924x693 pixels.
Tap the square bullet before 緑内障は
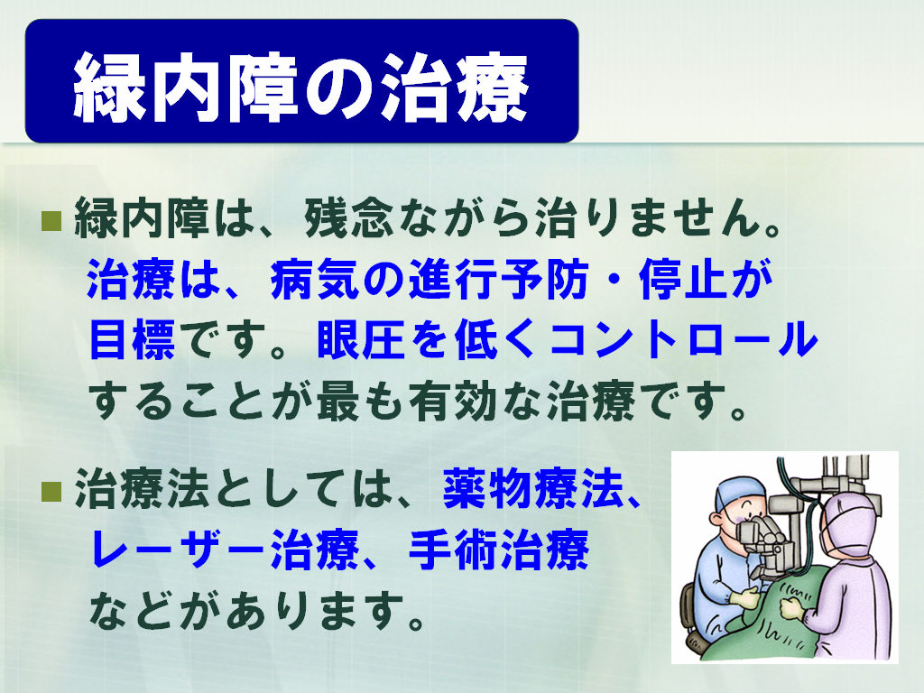point(51,220)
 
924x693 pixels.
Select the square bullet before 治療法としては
point(51,491)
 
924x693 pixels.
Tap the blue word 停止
point(684,280)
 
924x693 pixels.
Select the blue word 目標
point(132,340)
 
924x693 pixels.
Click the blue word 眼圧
point(362,340)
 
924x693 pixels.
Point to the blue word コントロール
point(684,340)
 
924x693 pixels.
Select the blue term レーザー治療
point(224,550)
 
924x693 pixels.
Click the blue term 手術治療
point(498,550)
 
